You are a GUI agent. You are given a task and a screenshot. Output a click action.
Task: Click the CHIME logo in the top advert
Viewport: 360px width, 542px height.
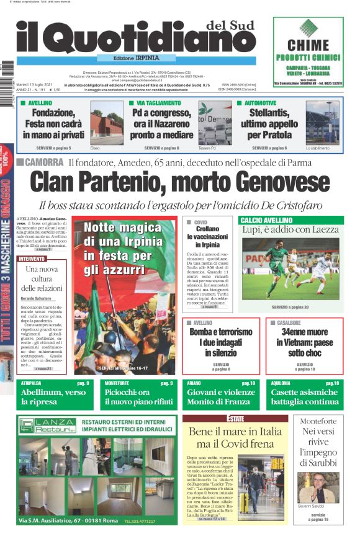point(308,45)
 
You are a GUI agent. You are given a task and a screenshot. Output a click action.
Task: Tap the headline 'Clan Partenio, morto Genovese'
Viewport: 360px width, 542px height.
point(179,184)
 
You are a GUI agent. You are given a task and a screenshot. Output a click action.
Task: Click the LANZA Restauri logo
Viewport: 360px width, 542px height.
point(48,425)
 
